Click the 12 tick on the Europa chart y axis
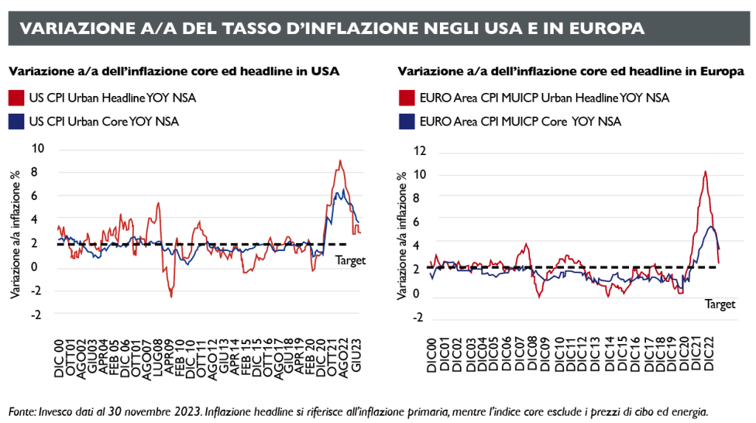pos(420,152)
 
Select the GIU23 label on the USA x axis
pos(356,357)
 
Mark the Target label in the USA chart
pos(351,260)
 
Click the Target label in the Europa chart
pos(720,303)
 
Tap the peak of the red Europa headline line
pos(705,172)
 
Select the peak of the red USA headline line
pos(340,161)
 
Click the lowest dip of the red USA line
pos(171,296)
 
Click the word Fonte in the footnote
pos(23,410)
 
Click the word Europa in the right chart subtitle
pos(721,72)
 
